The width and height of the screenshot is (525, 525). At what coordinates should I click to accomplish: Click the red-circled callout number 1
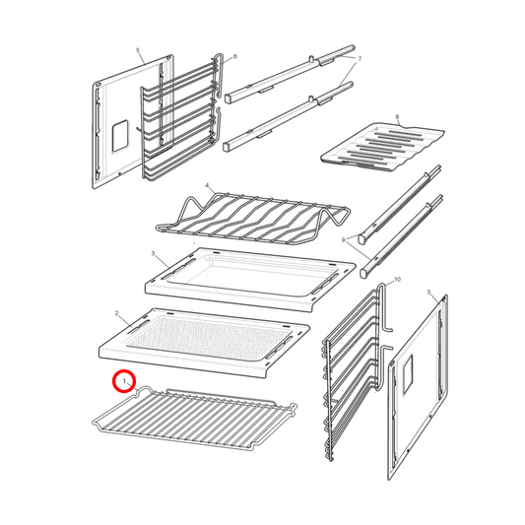tap(122, 379)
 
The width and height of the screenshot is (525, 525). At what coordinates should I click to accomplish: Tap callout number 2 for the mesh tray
tap(116, 313)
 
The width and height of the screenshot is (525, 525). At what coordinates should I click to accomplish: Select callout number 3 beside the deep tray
tap(153, 253)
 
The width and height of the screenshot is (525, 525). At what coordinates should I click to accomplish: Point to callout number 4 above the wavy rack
tap(207, 184)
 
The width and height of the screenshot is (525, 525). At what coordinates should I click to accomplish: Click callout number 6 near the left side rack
tap(234, 58)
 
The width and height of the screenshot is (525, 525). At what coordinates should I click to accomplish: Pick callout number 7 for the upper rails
tap(360, 59)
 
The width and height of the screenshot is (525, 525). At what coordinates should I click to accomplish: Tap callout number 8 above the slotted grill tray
tap(396, 117)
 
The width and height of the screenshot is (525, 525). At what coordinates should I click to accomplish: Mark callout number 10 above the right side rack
tap(398, 281)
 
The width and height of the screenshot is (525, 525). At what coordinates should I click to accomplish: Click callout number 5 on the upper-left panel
tap(139, 49)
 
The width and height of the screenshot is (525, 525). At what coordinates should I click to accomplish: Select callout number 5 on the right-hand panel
tap(429, 292)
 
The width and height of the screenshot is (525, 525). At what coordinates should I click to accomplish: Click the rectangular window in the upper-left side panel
tap(118, 136)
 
